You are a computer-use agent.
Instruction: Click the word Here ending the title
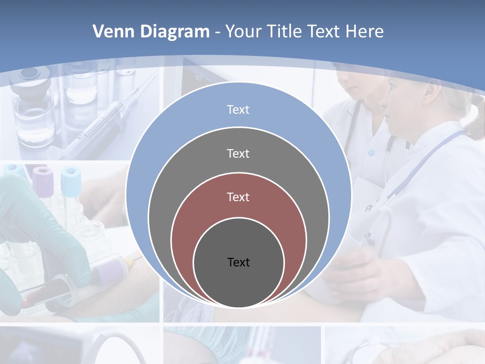tap(364, 32)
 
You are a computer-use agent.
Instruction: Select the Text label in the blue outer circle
tap(238, 110)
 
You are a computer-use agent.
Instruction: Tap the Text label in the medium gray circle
tap(238, 153)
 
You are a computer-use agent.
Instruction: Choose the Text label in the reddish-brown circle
tap(238, 197)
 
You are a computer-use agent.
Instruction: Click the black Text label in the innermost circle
tap(238, 262)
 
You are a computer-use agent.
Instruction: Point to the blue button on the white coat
tap(372, 152)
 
